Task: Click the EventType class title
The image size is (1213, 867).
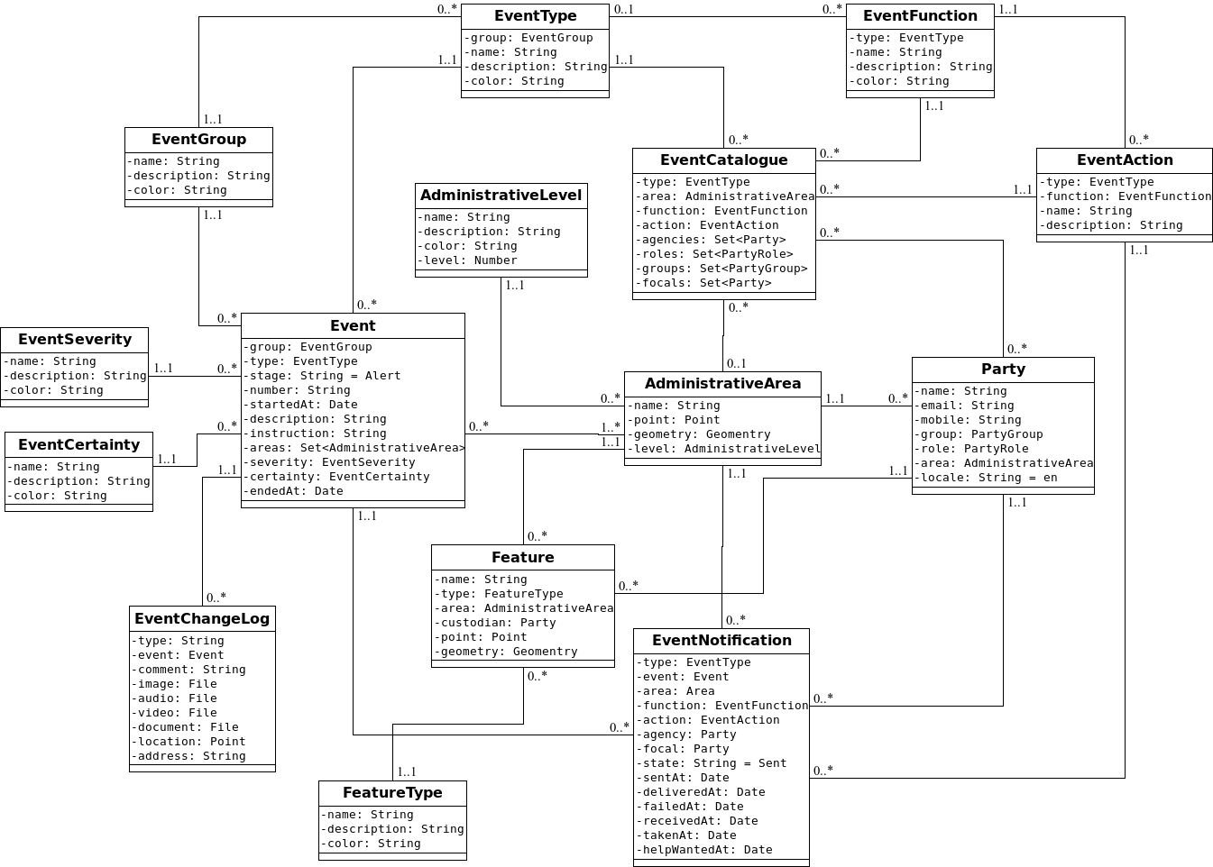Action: coord(535,16)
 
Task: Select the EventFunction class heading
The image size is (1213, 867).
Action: coord(920,16)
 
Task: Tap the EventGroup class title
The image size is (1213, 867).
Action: coord(198,140)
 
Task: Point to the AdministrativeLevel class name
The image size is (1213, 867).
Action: coord(501,196)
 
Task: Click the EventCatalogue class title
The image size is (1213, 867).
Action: coord(724,160)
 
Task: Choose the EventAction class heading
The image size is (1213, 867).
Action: coord(1125,160)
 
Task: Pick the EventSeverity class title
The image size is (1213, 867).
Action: coord(75,340)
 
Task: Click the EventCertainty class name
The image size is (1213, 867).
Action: coord(78,445)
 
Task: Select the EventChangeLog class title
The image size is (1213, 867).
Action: coord(202,619)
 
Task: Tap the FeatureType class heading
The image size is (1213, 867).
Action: coord(392,793)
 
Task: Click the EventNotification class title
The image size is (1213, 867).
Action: coord(721,641)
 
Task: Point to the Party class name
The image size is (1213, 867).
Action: coord(1003,370)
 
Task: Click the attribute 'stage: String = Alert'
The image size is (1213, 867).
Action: coord(325,376)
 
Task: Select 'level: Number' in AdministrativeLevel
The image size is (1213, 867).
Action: coord(470,260)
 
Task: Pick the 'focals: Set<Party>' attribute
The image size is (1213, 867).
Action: coord(704,283)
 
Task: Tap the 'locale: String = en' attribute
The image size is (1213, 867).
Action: coord(988,478)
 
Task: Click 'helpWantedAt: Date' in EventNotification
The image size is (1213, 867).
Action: coord(707,850)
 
